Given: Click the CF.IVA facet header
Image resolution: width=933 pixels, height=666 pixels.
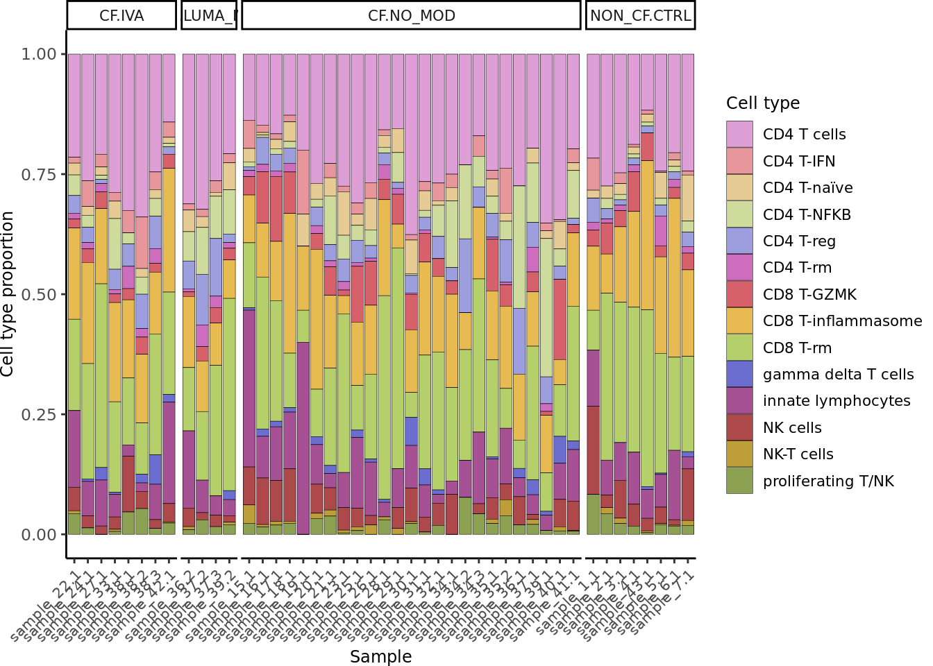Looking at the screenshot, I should pos(121,15).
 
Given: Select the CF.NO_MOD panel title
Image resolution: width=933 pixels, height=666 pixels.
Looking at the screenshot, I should pos(411,15).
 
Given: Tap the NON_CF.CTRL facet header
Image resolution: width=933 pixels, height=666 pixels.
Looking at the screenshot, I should pos(640,15).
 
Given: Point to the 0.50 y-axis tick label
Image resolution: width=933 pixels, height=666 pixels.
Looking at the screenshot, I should pos(39,294).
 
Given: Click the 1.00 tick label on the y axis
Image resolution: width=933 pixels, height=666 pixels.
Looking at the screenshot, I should pos(39,54).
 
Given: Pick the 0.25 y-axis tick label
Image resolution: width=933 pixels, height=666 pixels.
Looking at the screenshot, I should pos(39,414).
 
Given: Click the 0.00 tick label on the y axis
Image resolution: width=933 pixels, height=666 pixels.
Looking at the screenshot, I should pos(39,535).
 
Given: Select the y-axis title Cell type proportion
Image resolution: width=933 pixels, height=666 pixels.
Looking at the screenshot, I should pos(8,294).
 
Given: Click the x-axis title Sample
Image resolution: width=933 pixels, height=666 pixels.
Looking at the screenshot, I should pos(380,656).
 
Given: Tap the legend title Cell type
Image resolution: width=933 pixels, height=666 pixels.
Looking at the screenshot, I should pos(763,103).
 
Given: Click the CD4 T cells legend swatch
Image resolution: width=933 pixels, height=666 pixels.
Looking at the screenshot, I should pos(739,134).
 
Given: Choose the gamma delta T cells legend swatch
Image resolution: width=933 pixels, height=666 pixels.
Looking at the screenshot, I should pos(739,375).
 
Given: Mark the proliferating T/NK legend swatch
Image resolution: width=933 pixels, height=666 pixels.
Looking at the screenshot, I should pos(739,481).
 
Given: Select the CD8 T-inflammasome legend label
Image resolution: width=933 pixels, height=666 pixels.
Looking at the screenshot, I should pos(842,321).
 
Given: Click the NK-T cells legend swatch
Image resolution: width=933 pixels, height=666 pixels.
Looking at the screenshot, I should pos(739,454).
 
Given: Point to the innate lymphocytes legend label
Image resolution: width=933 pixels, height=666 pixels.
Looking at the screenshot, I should pos(837,401).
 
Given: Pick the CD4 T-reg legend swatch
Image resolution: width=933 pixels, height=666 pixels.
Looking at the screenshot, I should pos(739,241).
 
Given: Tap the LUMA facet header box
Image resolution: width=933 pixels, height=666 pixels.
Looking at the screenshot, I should pos(209,15).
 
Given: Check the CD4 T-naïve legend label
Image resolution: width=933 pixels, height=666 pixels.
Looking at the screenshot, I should pos(807,188).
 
